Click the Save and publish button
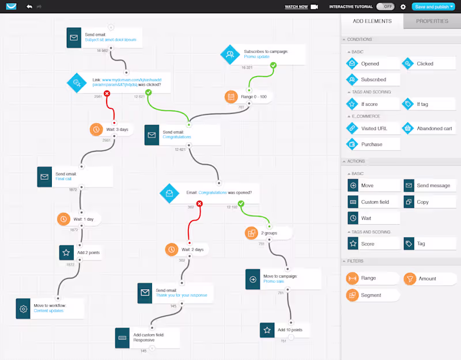point(433,7)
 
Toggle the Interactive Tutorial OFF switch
point(385,7)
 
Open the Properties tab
point(432,21)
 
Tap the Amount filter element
point(426,279)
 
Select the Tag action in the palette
point(429,244)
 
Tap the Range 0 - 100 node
point(248,96)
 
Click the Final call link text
point(64,179)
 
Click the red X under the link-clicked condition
point(107,93)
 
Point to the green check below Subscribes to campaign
point(273,66)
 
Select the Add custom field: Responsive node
point(147,337)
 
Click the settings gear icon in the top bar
point(403,7)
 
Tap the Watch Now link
point(297,7)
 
